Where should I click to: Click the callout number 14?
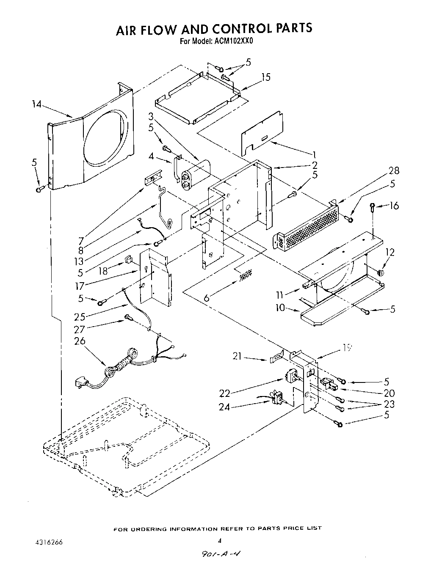[37, 104]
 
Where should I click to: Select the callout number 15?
[265, 77]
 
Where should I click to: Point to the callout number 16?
[394, 206]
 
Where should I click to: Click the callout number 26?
[80, 341]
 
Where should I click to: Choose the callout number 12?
[390, 253]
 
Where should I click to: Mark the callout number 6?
[206, 298]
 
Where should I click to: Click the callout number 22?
[225, 393]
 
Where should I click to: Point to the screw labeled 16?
[372, 207]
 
